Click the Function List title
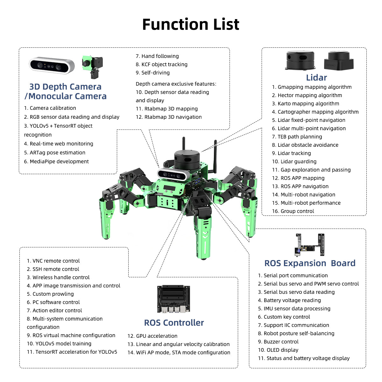tap(190, 25)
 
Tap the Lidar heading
tap(316, 78)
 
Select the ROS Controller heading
tap(174, 323)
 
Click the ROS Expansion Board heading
tap(310, 263)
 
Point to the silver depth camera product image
tap(52, 65)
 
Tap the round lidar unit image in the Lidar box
tap(301, 60)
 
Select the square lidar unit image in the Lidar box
tap(339, 60)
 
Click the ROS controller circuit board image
tap(173, 299)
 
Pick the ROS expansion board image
tap(310, 245)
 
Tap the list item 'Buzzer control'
tap(278, 342)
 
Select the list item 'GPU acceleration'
tap(152, 336)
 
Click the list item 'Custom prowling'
tap(50, 294)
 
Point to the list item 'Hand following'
tap(157, 56)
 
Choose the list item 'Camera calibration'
tap(50, 108)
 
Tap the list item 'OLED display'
tap(278, 350)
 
